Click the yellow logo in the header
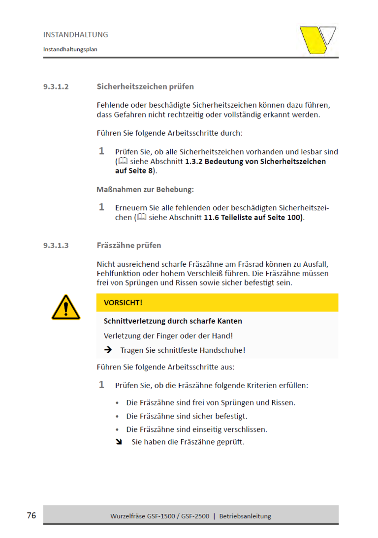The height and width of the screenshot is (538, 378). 318,40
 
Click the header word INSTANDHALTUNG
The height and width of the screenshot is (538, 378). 75,35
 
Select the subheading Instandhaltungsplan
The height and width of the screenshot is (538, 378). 70,49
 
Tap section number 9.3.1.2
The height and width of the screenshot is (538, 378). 56,87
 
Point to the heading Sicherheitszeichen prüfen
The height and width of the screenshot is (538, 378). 145,87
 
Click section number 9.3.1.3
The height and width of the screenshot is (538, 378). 56,246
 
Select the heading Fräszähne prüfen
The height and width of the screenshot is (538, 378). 129,246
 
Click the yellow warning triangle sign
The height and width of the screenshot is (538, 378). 65,308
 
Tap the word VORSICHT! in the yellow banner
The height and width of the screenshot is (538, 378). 123,303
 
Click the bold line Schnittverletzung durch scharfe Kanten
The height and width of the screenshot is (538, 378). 173,321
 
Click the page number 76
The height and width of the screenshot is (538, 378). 31,515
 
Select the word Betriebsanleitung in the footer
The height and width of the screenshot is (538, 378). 245,516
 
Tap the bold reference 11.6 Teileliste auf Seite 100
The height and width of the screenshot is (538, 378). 253,217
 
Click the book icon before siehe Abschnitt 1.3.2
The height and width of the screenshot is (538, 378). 123,161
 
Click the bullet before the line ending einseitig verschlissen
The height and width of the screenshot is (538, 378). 117,429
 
